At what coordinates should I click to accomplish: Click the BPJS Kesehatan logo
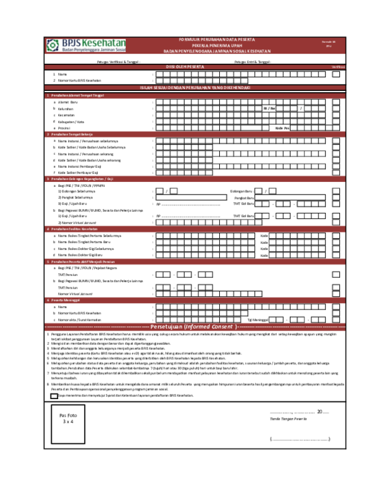point(86,45)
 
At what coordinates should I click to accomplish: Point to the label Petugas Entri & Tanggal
point(252,62)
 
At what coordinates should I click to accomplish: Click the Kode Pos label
point(282,128)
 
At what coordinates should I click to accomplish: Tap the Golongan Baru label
point(241,191)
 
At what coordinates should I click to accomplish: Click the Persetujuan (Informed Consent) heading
point(192,326)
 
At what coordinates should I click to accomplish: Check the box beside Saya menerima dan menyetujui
point(53,378)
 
